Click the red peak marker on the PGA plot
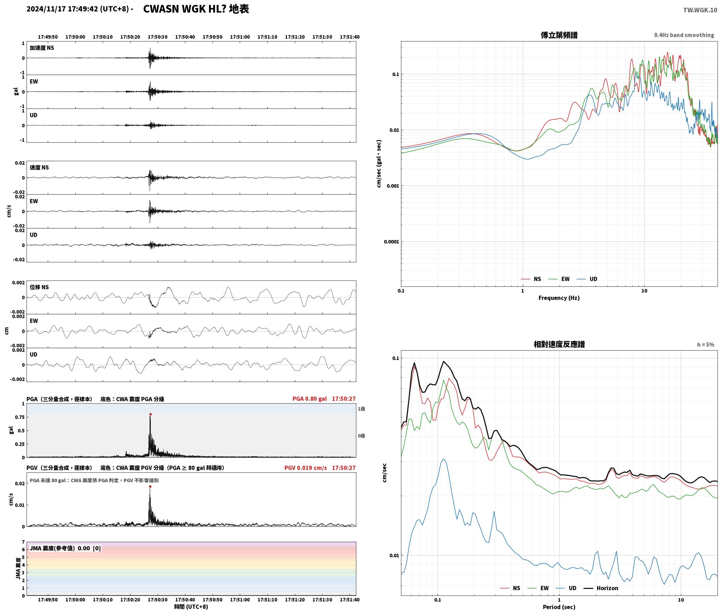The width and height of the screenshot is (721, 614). (x=150, y=414)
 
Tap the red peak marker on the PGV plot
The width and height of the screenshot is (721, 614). (x=150, y=487)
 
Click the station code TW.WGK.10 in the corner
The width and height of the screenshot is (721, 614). (x=700, y=10)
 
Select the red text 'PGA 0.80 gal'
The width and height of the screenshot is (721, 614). (x=310, y=399)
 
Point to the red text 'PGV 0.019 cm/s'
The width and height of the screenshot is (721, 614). (x=306, y=468)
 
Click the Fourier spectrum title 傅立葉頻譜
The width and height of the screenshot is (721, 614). (x=559, y=35)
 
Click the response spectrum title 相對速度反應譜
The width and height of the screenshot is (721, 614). (x=559, y=344)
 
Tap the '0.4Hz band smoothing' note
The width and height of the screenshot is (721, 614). (x=684, y=35)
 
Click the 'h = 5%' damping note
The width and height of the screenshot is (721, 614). (x=706, y=345)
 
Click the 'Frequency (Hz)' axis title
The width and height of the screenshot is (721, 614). (x=559, y=298)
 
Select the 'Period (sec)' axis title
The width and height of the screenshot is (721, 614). (x=559, y=607)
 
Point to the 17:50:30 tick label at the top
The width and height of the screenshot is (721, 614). (x=157, y=37)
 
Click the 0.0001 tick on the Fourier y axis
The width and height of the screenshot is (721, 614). (x=391, y=242)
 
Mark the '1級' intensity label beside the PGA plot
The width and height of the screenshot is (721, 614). (x=361, y=409)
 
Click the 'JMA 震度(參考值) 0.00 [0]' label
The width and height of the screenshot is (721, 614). (x=65, y=548)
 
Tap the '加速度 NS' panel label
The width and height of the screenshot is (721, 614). (x=42, y=48)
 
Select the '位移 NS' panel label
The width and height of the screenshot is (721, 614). (x=39, y=287)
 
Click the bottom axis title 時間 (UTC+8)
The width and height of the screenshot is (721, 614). (x=191, y=607)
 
